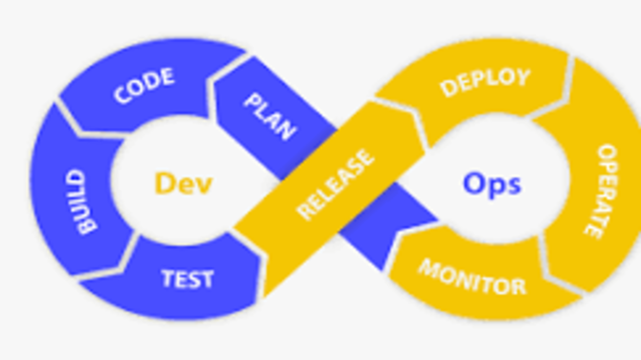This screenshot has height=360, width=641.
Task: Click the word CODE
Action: coord(144,86)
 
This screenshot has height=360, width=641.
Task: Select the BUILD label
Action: coord(84,202)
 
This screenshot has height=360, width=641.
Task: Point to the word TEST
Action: coord(188,280)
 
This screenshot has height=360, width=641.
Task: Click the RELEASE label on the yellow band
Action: coord(334,188)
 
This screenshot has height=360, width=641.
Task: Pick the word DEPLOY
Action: coord(484,82)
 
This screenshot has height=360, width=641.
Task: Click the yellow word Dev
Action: coord(183,183)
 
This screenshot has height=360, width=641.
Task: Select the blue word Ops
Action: coord(492,182)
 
